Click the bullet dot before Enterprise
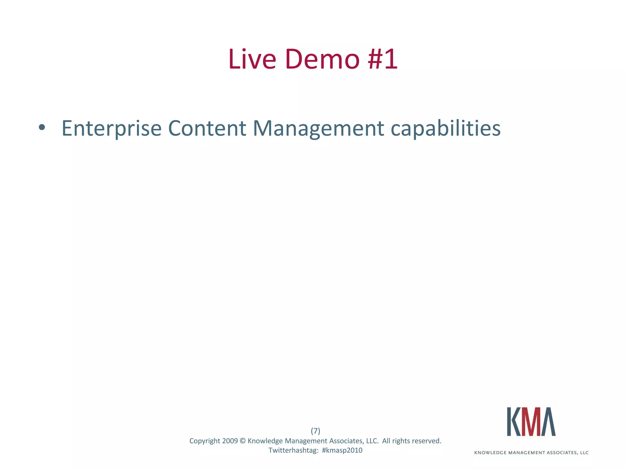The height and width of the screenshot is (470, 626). (x=42, y=128)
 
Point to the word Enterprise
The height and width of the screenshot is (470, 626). (x=111, y=128)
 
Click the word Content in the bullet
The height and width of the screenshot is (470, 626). (x=207, y=128)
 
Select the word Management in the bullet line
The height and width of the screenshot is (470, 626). (x=318, y=128)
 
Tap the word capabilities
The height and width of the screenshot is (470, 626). (x=446, y=128)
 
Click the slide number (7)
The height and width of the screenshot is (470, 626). (x=315, y=431)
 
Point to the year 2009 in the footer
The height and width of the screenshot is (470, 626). (x=230, y=441)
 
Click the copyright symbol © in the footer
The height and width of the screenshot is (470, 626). (x=243, y=441)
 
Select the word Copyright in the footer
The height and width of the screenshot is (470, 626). (x=204, y=441)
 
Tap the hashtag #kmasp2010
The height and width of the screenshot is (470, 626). (x=342, y=450)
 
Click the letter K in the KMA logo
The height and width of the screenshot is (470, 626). (x=514, y=422)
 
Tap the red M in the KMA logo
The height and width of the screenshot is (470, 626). (x=531, y=422)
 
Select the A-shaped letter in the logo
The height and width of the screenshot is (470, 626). (x=548, y=422)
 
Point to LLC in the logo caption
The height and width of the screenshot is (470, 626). (x=584, y=453)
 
